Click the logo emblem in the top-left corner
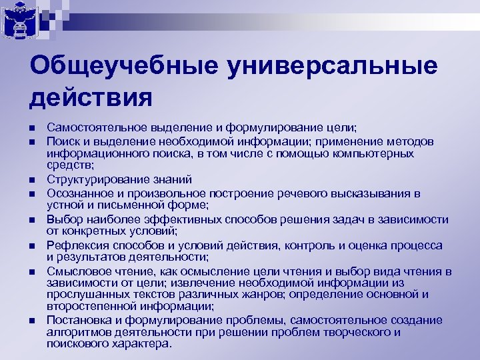tap(19, 19)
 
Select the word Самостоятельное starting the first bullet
tap(90, 127)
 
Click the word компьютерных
tap(377, 153)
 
